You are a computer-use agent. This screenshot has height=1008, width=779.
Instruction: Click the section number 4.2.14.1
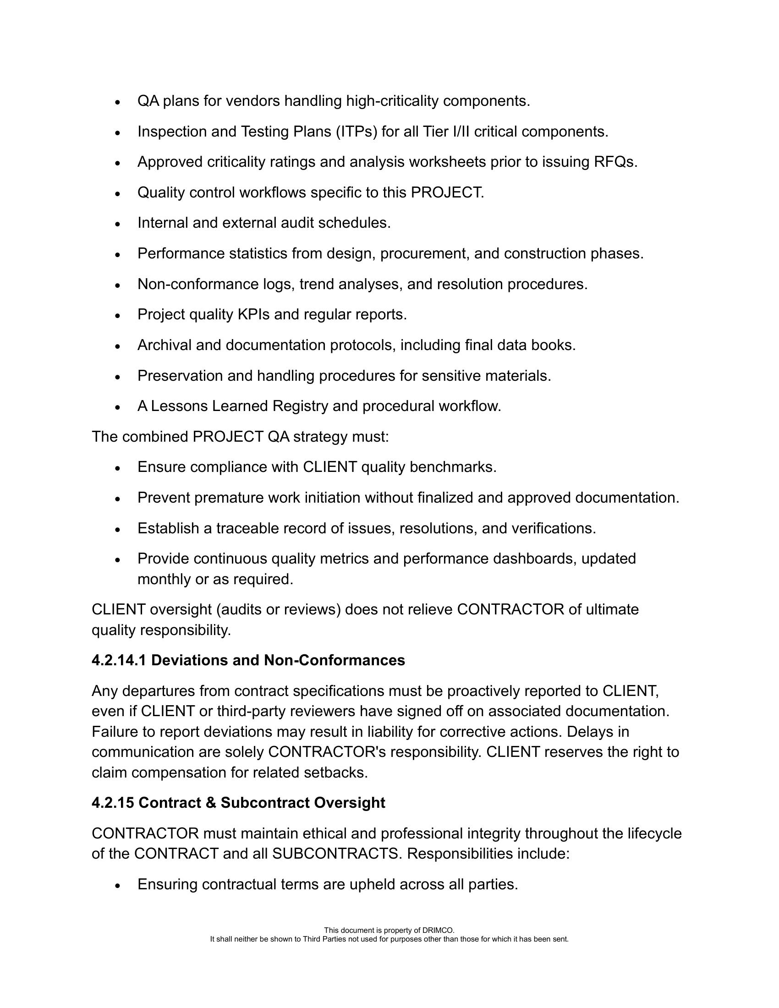point(119,660)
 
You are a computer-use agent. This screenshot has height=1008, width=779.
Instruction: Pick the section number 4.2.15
point(113,803)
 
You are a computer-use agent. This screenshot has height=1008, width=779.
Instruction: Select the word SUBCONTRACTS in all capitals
point(335,854)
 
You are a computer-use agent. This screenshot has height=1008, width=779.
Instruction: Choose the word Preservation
point(180,376)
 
